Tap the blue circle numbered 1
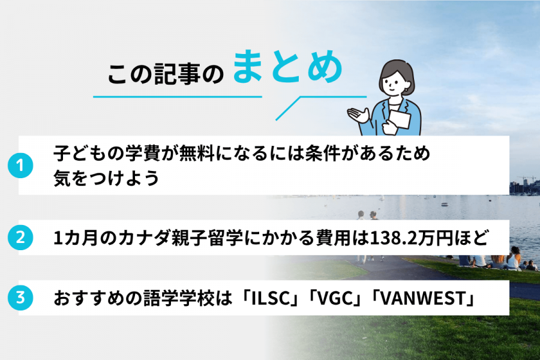(x=20, y=166)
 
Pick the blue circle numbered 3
(x=20, y=297)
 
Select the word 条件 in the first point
(x=327, y=154)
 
